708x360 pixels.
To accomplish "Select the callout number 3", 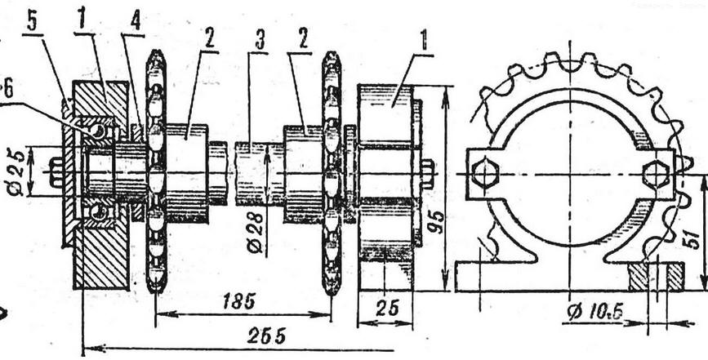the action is [x=259, y=42].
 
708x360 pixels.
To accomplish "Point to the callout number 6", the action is [x=7, y=90].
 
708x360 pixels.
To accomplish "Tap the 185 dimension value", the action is [x=239, y=301].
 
